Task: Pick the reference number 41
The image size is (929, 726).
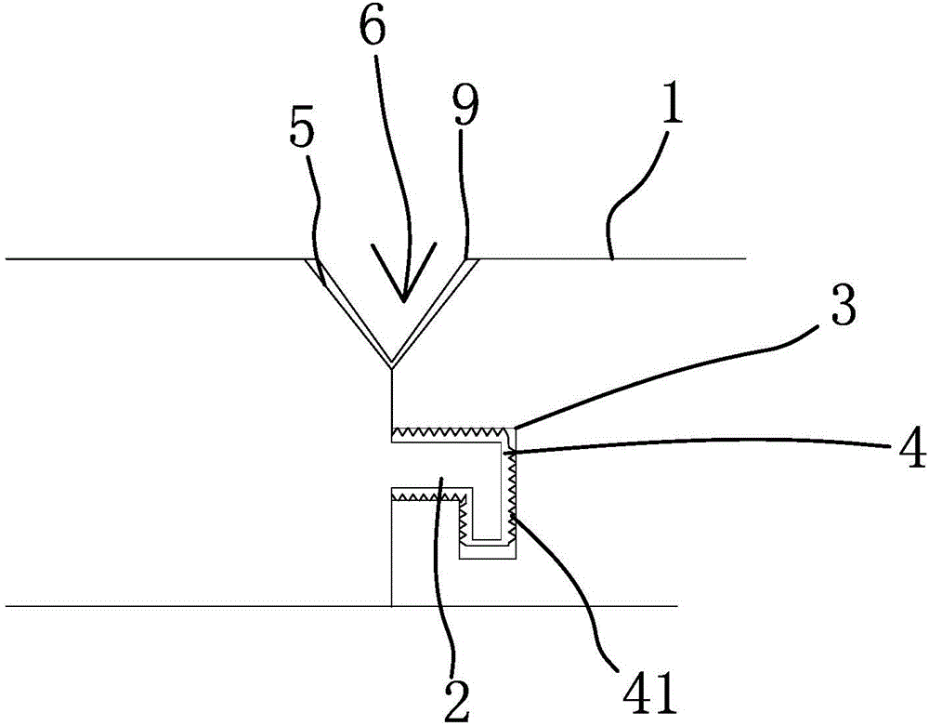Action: click(x=640, y=690)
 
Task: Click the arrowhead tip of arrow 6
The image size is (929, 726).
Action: click(x=403, y=300)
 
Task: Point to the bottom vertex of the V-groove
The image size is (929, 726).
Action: click(x=392, y=366)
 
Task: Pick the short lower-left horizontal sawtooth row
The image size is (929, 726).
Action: click(x=427, y=499)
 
